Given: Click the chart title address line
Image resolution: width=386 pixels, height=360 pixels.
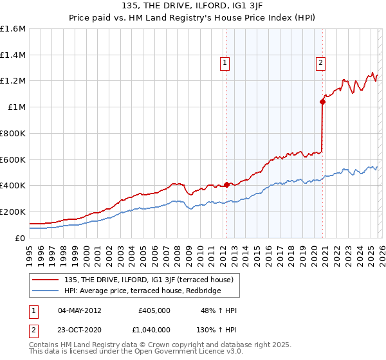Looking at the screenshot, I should (193, 6).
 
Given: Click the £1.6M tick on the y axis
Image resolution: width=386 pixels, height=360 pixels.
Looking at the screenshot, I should (13, 29).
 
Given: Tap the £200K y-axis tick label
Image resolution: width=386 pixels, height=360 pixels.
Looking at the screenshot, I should (13, 212).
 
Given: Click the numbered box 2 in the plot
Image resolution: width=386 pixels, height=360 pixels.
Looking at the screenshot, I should (320, 62).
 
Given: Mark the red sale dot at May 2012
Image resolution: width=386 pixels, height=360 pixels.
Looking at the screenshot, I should (226, 184).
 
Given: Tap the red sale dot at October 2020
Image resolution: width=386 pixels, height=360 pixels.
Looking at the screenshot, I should (322, 101).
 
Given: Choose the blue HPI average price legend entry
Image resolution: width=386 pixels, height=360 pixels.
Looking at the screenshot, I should (142, 291).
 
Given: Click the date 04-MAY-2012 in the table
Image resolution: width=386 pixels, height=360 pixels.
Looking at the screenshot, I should (80, 310).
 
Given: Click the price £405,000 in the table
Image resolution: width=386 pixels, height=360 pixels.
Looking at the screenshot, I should (154, 310).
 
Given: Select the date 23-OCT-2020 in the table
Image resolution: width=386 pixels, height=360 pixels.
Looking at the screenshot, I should (80, 330).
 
